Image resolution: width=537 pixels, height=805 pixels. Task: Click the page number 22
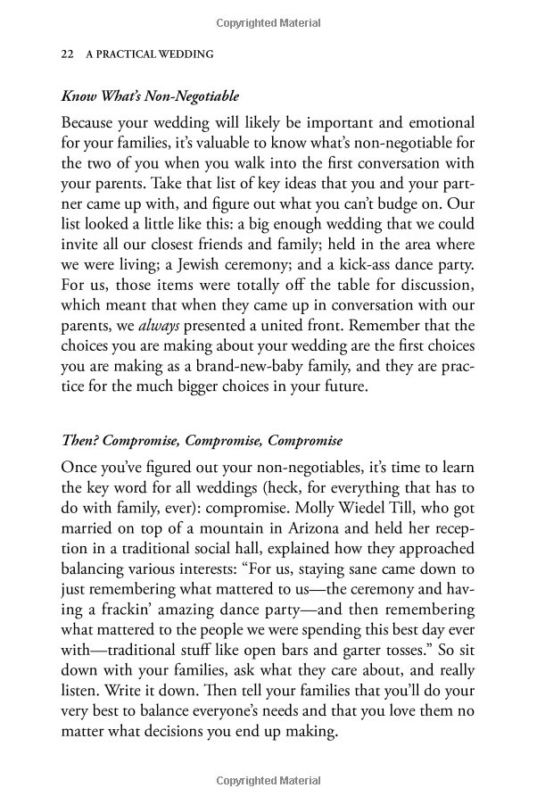click(66, 54)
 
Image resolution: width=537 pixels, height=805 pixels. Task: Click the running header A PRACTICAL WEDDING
click(149, 54)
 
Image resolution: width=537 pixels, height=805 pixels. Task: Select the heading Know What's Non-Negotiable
click(151, 95)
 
